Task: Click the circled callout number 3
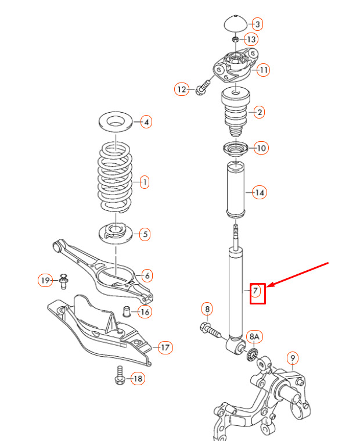257,24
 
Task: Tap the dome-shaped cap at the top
236,23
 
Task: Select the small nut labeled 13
236,39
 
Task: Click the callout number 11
264,70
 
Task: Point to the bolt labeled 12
202,87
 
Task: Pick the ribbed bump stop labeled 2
236,112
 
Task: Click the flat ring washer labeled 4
116,121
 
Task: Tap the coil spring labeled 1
115,177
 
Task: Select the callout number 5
145,234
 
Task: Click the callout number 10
261,148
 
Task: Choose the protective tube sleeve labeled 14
236,189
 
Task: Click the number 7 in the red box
255,291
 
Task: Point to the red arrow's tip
267,287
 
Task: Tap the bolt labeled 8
211,331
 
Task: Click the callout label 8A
254,336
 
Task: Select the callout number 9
293,358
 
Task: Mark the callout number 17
165,347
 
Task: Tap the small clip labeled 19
64,281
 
